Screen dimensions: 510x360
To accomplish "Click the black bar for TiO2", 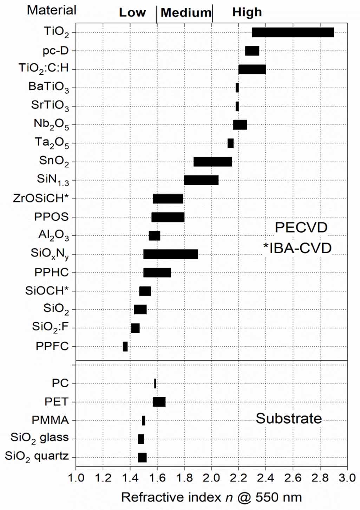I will coord(293,32).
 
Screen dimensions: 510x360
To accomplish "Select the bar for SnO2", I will coord(212,162).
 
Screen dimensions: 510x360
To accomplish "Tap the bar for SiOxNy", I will coord(170,254).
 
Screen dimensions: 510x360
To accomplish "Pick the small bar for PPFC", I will coord(125,347).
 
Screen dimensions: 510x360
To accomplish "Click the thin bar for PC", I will coord(155,383).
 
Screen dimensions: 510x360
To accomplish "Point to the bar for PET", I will coord(159,402).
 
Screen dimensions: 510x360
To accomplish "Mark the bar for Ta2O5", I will coord(230,143).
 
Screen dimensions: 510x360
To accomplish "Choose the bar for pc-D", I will coord(252,51).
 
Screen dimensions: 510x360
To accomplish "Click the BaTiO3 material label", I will coord(48,87).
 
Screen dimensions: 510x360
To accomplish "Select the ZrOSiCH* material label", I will coord(40,198).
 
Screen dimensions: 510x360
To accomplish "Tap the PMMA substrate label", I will coord(50,420).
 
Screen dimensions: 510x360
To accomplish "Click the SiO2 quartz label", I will coord(37,457).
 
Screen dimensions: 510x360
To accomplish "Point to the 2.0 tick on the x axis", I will coord(212,478).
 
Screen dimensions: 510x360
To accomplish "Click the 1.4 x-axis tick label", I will coord(130,478).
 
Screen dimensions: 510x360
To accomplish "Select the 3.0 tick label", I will coord(347,478).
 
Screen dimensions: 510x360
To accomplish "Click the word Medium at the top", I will coord(186,13).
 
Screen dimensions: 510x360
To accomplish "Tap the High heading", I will coord(247,13).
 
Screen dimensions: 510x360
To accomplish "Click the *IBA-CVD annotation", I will coord(297,248).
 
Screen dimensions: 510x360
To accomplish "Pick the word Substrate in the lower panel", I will coord(288,419).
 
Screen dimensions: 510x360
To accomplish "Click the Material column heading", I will coord(52,10).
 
